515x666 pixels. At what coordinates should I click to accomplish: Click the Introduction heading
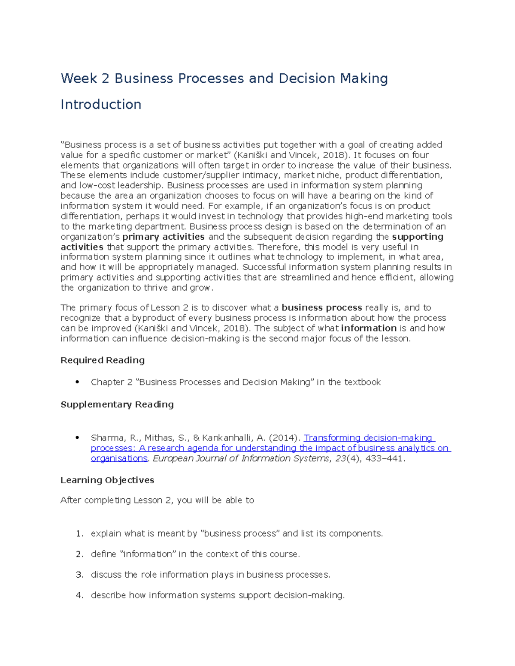pos(101,104)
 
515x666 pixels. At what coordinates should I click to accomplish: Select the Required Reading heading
pos(102,360)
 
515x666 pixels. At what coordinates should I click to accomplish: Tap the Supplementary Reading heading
pos(117,404)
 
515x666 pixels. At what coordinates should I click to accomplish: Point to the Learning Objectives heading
pos(107,480)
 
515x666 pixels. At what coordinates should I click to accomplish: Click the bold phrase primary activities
pos(163,237)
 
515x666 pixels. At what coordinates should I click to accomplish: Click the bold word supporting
pos(418,237)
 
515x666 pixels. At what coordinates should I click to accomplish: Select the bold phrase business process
pos(321,307)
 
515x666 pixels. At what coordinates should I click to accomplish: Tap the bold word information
pos(369,328)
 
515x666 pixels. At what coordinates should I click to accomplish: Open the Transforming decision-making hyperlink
pos(369,438)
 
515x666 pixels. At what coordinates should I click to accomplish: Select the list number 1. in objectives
pos(79,533)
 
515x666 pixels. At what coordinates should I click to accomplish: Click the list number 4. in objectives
pos(79,595)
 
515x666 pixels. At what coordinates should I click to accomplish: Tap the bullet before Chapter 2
pos(77,382)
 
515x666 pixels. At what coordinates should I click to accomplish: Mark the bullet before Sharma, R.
pos(77,437)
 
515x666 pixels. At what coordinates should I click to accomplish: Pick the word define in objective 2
pos(103,554)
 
